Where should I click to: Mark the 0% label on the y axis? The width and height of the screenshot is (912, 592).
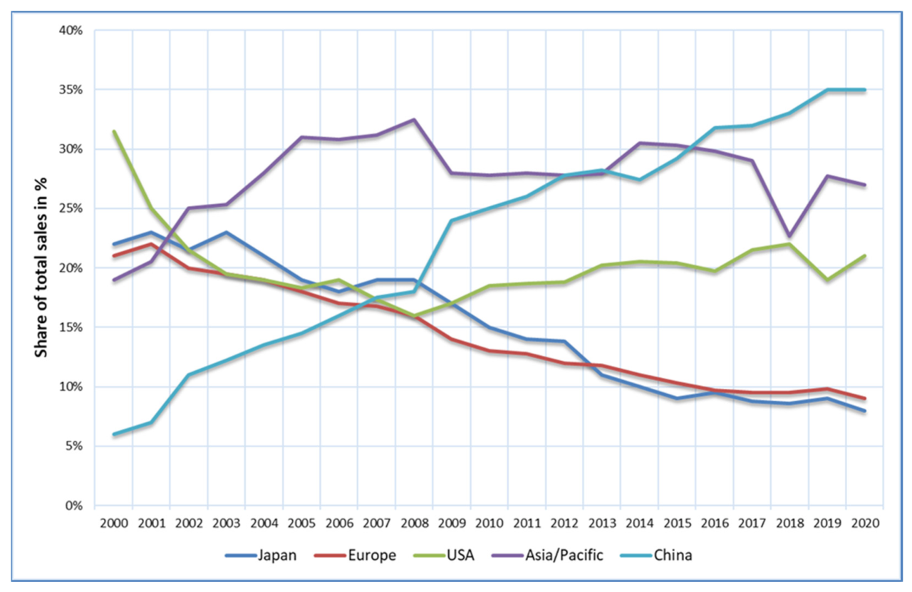77,506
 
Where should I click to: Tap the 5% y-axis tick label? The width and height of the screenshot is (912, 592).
77,446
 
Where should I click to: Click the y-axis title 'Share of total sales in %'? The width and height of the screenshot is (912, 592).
42,267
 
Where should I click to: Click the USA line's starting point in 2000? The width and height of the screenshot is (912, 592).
114,131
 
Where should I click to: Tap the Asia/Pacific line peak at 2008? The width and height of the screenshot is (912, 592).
414,120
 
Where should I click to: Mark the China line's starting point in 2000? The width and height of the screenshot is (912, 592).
114,434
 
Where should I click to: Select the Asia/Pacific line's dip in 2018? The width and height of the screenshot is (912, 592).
789,235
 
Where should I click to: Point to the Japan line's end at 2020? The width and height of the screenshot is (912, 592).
864,411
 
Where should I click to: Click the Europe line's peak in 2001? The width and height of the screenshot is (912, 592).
151,244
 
